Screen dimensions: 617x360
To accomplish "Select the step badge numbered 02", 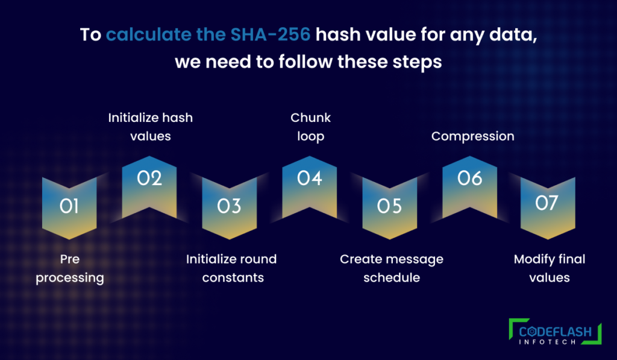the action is pos(149,185).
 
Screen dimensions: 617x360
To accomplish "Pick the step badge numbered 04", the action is pos(310,185).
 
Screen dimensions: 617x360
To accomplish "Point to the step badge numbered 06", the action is pos(469,185).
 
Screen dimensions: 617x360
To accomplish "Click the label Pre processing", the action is pos(70,268).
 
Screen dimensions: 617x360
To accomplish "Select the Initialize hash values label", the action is pos(150,127).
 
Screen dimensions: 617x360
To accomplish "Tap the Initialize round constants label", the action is pos(231,268).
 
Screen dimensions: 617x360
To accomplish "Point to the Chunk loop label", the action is pos(310,127).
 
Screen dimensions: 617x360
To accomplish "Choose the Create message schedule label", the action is pos(392,268).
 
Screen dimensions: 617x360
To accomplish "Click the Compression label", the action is pos(472,136).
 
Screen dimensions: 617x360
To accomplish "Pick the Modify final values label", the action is pos(550,268).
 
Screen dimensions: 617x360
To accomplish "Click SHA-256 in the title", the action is pos(271,34).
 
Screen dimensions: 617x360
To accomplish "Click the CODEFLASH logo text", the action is pos(555,332).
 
